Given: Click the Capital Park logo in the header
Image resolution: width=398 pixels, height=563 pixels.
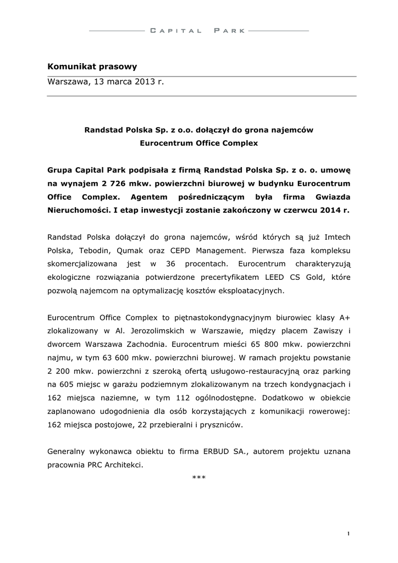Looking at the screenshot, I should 198,30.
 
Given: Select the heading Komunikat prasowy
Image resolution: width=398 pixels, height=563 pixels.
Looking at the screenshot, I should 92,67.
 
